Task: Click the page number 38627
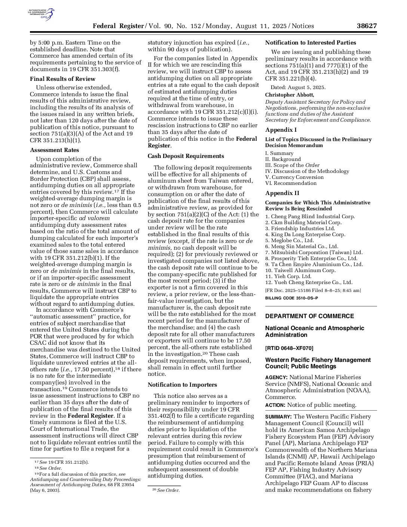(366, 26)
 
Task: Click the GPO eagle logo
(42, 14)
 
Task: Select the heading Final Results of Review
(62, 79)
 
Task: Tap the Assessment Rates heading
(54, 150)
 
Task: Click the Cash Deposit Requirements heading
(186, 156)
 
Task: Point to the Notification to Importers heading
(182, 385)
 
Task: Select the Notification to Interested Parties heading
(310, 43)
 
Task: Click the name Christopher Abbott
(290, 95)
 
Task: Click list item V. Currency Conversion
(294, 177)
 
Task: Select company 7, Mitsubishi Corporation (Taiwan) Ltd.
(314, 253)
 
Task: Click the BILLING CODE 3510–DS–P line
(291, 298)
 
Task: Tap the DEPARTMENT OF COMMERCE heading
(309, 316)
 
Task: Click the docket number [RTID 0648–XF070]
(289, 348)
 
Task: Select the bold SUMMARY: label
(278, 417)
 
